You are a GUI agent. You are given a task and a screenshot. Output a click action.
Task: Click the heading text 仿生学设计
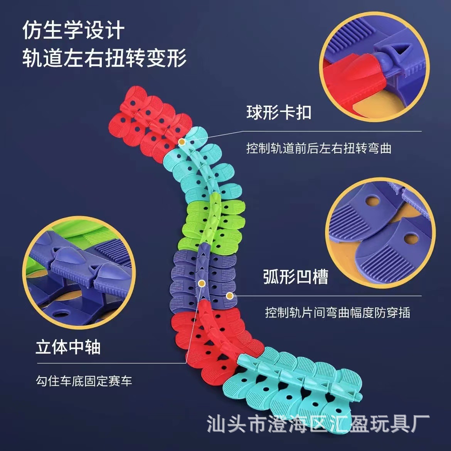(x=73, y=31)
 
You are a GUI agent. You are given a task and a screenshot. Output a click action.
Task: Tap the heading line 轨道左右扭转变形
(x=104, y=58)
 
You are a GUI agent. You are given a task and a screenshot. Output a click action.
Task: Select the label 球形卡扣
(x=279, y=113)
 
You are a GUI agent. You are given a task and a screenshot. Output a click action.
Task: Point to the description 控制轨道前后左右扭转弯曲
(x=319, y=148)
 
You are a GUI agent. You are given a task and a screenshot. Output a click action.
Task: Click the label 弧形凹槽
(x=296, y=276)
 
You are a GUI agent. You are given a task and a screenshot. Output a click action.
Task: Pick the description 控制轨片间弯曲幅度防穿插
(x=337, y=312)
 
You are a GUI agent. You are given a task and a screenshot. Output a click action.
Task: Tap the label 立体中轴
(x=68, y=347)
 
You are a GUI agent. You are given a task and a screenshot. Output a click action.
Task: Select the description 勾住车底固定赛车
(x=84, y=381)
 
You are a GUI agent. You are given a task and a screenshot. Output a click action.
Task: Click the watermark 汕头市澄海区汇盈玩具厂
(x=318, y=424)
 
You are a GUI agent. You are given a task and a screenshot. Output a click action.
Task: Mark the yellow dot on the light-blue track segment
(x=182, y=142)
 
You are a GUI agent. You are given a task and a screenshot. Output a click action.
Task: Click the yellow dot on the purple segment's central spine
(x=201, y=284)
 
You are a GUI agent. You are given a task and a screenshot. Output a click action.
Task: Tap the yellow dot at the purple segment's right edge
(x=229, y=296)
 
